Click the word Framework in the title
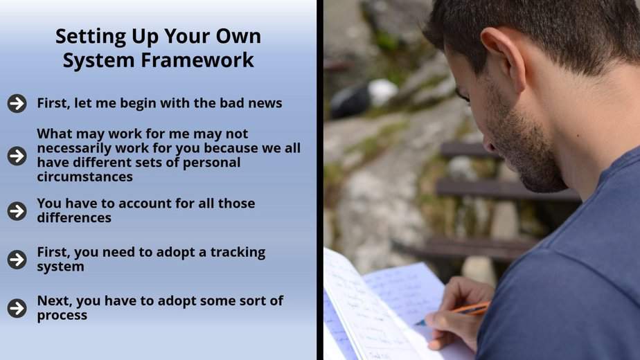[197, 60]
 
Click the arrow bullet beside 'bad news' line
[17, 103]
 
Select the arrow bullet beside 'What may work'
[17, 156]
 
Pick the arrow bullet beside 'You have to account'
[17, 211]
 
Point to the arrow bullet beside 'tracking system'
[17, 260]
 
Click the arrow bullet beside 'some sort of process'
[17, 308]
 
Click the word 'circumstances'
[85, 177]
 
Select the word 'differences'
[74, 218]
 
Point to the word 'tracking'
[238, 253]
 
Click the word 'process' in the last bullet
[62, 316]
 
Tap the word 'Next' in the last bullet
[54, 301]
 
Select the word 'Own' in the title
[238, 36]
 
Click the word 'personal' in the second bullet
[211, 163]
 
